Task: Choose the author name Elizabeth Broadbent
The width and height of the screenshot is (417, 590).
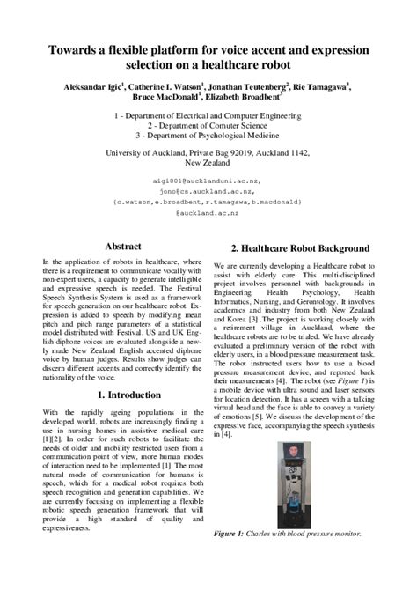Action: (x=240, y=100)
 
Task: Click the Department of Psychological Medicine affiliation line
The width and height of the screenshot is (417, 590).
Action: (x=208, y=137)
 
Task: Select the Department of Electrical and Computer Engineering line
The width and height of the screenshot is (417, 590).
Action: (x=208, y=116)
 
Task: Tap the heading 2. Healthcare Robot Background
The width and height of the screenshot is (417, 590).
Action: (x=300, y=248)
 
